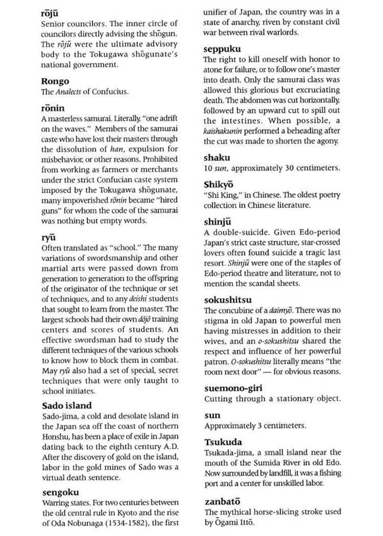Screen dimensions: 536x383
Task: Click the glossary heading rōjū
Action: [50, 12]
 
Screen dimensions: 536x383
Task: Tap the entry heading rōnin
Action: [53, 109]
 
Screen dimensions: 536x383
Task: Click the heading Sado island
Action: [67, 406]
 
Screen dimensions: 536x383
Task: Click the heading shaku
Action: [217, 157]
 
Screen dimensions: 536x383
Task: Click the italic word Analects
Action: [69, 92]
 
